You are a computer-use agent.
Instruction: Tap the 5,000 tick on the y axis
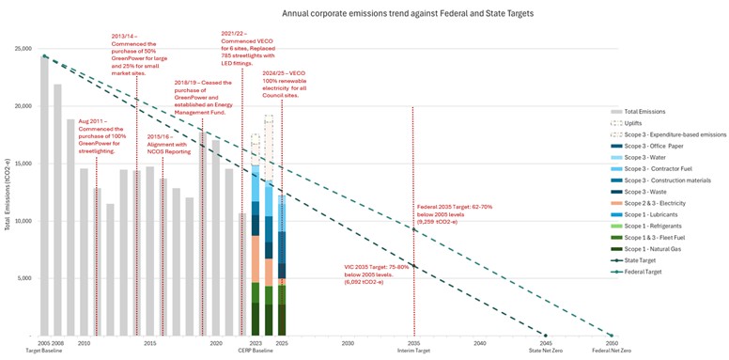point(24,278)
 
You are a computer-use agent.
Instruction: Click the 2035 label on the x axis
point(413,344)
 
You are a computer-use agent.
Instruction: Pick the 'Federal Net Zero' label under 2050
point(612,351)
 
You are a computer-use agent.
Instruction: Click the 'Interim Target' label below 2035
point(413,351)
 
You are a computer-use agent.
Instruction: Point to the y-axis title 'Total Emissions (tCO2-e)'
point(8,193)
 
